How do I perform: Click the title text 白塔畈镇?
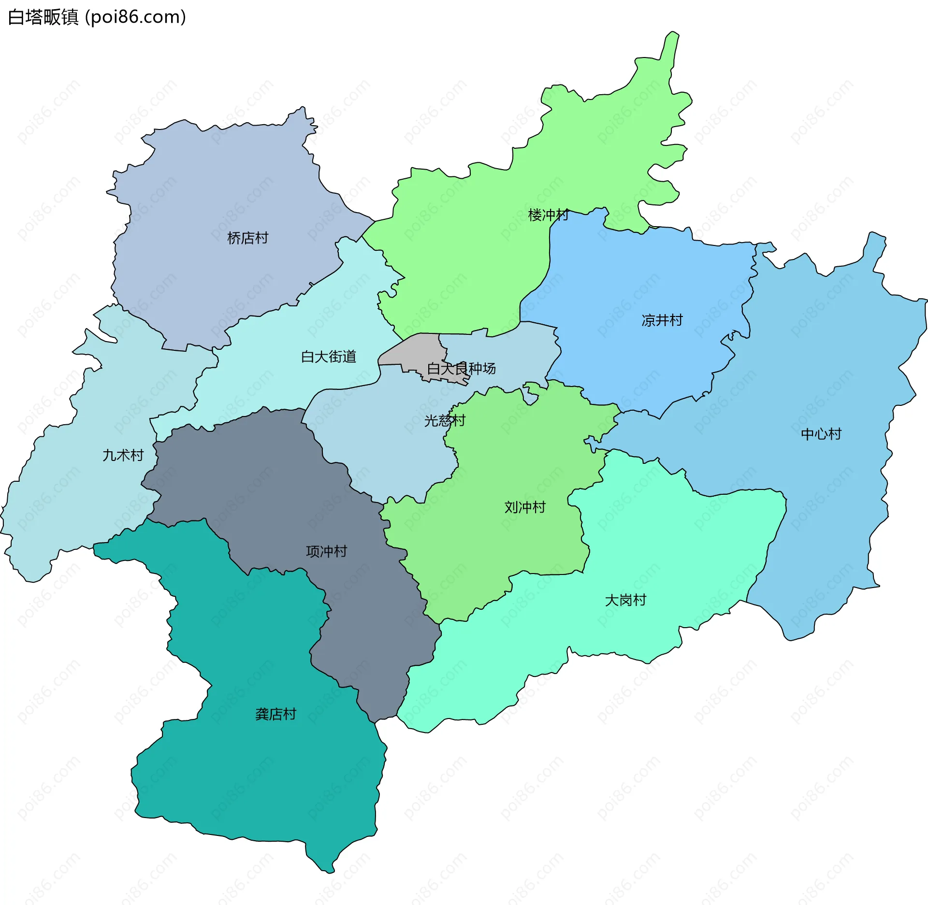coord(43,17)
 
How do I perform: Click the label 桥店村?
coord(247,238)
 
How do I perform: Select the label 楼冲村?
coord(548,215)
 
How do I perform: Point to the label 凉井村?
coord(662,320)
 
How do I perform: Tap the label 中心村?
coord(821,434)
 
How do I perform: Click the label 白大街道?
coord(328,357)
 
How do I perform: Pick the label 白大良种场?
coord(461,369)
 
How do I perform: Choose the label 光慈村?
coord(444,420)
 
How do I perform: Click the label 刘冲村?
coord(524,507)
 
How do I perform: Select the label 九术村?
coord(123,455)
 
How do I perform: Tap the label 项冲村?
coord(326,551)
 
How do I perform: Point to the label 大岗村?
coord(625,600)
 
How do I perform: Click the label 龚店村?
coord(275,714)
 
